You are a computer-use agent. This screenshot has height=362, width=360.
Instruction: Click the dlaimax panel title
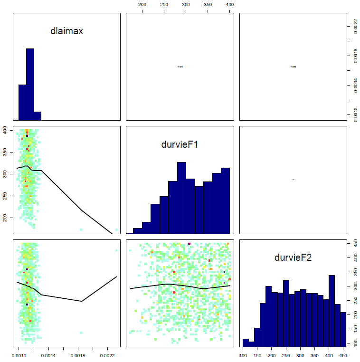67,31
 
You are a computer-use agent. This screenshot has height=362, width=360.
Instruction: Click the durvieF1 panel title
180,145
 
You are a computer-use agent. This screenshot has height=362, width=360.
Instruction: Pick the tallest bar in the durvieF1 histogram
181,198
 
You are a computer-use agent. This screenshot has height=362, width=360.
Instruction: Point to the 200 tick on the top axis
142,4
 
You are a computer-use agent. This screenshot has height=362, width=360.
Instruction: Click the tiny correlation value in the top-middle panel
180,67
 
